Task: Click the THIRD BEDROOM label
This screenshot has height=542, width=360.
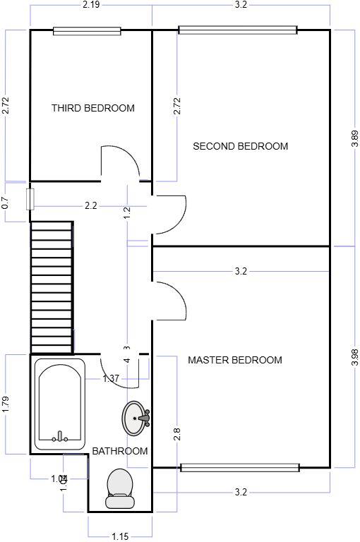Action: click(92, 108)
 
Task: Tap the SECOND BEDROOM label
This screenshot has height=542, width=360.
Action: click(240, 146)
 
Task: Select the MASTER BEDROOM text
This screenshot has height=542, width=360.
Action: click(234, 360)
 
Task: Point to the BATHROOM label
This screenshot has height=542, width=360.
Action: click(120, 451)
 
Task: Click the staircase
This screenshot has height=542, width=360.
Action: click(52, 287)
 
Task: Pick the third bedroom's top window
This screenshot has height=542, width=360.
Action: click(87, 30)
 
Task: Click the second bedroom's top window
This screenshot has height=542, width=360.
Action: click(237, 30)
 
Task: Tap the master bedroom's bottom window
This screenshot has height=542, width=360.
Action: click(239, 467)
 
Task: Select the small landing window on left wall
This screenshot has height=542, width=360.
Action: click(30, 198)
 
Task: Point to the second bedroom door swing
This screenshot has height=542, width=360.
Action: click(169, 215)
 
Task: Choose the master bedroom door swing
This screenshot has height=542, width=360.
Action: click(169, 301)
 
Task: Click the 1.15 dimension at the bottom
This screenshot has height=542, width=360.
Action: click(119, 536)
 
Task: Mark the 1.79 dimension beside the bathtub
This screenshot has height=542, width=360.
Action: click(5, 403)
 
